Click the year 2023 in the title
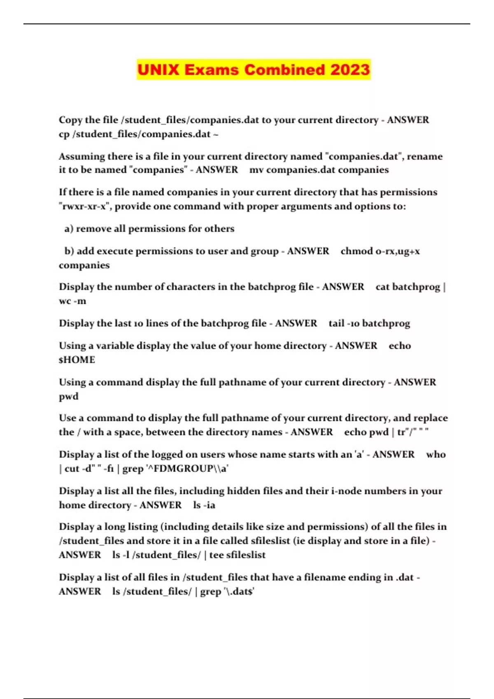(x=350, y=69)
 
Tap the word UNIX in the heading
(x=158, y=69)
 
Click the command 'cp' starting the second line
(x=64, y=134)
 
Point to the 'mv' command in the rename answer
(x=256, y=170)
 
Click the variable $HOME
(x=77, y=360)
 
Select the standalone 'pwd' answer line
(x=68, y=396)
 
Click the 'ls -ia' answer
(x=204, y=505)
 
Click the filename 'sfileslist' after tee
(x=246, y=555)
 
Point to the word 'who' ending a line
(x=436, y=454)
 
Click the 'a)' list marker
(x=69, y=229)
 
